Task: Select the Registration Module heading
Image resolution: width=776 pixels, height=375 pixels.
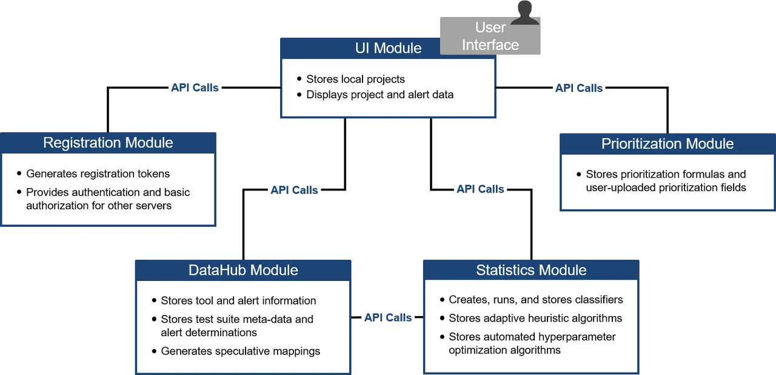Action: point(108,143)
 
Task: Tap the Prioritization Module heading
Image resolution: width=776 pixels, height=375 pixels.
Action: point(667,144)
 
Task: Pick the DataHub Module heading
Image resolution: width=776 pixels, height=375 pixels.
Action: point(243,270)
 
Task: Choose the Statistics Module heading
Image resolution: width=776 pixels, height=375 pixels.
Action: point(531,270)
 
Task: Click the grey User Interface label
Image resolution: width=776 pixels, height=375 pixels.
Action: point(490,36)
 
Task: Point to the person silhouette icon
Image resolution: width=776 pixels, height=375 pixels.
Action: point(524,13)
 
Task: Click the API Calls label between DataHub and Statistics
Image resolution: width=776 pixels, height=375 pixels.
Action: point(388,317)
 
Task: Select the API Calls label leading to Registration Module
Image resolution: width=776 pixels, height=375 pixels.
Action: point(195,87)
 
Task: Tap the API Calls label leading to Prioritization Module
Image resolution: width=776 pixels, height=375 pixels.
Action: point(579,88)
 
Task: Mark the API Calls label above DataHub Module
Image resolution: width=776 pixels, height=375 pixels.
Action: point(294,190)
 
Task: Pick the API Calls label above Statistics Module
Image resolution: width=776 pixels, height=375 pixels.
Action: point(480,189)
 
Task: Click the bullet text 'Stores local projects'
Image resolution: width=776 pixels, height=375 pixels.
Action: point(355,79)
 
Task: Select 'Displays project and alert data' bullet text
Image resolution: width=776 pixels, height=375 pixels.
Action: point(380,95)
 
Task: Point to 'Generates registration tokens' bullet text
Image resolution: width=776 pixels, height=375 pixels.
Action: point(98,174)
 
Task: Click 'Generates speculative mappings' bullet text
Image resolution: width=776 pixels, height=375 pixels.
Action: point(240,351)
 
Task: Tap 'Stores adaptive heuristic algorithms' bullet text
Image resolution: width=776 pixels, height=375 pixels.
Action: point(535,318)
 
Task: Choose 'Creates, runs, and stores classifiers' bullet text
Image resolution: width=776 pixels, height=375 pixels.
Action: point(535,300)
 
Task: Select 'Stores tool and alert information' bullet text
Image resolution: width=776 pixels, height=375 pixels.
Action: point(238,300)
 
